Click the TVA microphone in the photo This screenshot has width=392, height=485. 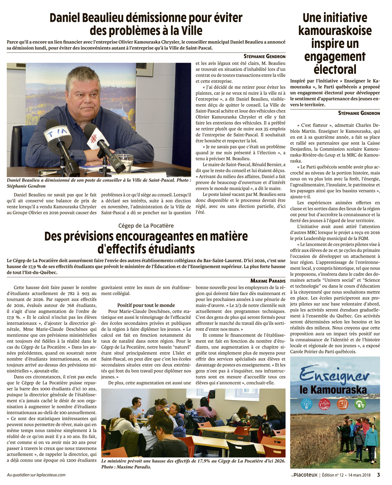[56, 135]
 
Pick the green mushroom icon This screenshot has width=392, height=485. [359, 403]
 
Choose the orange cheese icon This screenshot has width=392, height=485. [342, 403]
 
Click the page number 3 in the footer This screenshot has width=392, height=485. [378, 475]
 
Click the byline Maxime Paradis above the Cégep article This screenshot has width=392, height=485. [268, 281]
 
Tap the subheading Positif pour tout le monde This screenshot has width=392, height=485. [146, 305]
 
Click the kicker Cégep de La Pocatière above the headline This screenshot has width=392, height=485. [146, 226]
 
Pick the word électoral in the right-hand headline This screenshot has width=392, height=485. [335, 69]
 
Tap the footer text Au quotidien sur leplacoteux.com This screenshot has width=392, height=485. [36, 475]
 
